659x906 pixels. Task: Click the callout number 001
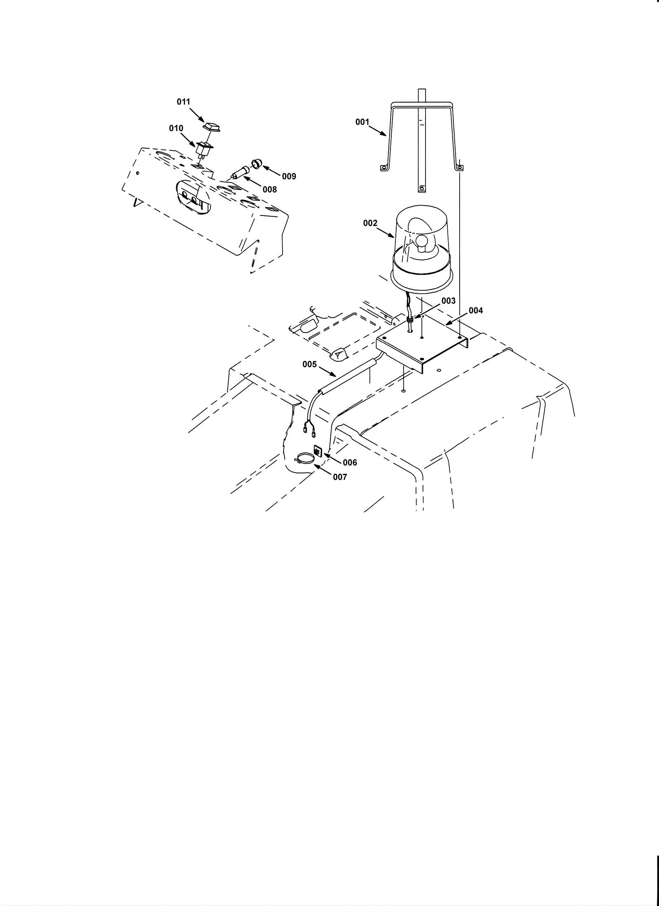362,122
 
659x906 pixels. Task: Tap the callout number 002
370,223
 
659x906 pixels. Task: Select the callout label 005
309,364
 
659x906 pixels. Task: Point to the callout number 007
340,477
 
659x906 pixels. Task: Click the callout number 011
184,102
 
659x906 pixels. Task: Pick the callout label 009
289,176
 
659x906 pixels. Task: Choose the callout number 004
476,310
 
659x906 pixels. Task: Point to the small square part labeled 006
318,452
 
